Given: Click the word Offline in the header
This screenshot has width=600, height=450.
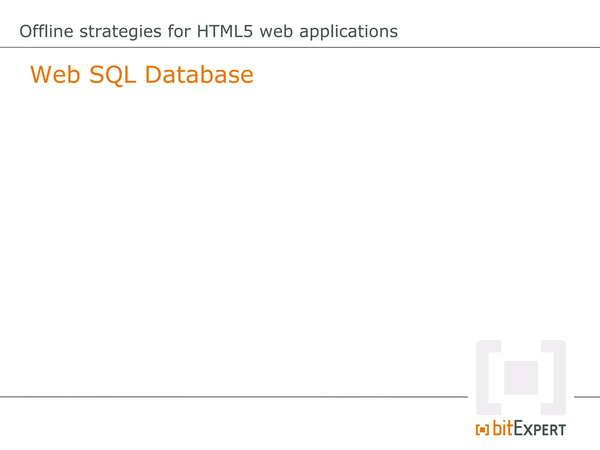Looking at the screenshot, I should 46,31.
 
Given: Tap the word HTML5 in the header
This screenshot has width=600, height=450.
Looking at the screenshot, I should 225,31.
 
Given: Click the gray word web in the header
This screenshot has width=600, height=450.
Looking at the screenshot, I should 276,31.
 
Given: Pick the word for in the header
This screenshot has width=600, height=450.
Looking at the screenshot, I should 179,31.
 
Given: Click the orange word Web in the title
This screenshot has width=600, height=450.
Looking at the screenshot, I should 55,75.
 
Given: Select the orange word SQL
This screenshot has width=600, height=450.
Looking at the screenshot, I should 112,75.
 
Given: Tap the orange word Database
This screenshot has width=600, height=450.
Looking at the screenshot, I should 199,75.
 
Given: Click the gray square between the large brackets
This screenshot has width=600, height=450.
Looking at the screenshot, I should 521,378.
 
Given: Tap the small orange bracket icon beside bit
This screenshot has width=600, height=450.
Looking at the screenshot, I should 482,430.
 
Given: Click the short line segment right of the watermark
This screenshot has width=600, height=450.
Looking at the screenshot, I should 587,397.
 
